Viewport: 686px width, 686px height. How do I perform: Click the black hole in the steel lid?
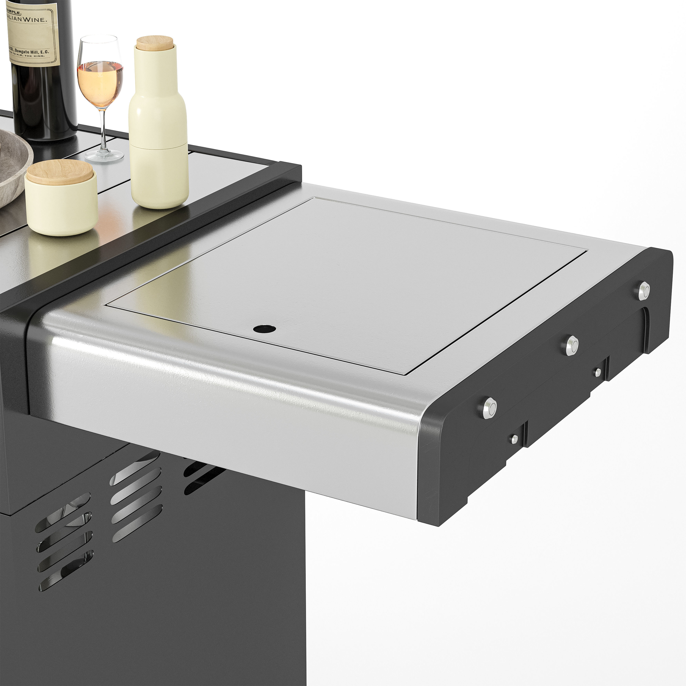[x=265, y=328]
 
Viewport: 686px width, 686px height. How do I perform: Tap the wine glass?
[x=101, y=82]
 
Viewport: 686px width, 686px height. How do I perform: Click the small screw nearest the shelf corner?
[x=514, y=439]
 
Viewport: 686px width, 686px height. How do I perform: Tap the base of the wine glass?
[x=104, y=155]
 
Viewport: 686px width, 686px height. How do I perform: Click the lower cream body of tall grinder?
[x=160, y=178]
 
